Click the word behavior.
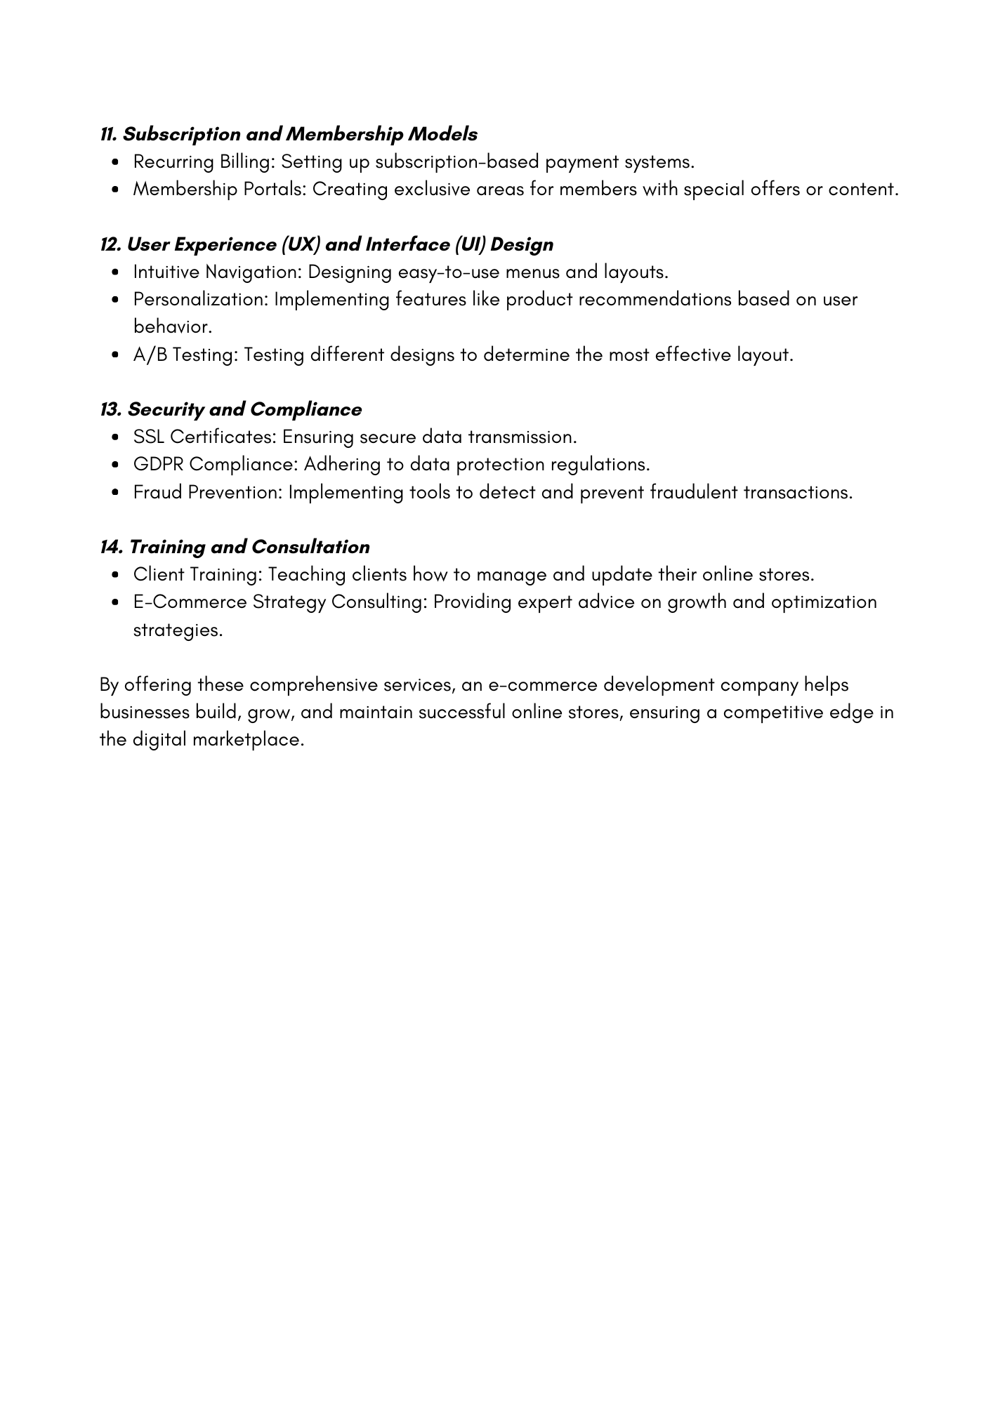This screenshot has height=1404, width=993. (x=172, y=327)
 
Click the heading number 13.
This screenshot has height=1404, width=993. (x=110, y=409)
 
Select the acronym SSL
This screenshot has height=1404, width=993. (x=149, y=437)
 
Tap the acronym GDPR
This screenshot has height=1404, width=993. (x=159, y=465)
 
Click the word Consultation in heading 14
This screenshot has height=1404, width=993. (x=310, y=547)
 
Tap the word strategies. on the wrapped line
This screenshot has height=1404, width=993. (x=178, y=630)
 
